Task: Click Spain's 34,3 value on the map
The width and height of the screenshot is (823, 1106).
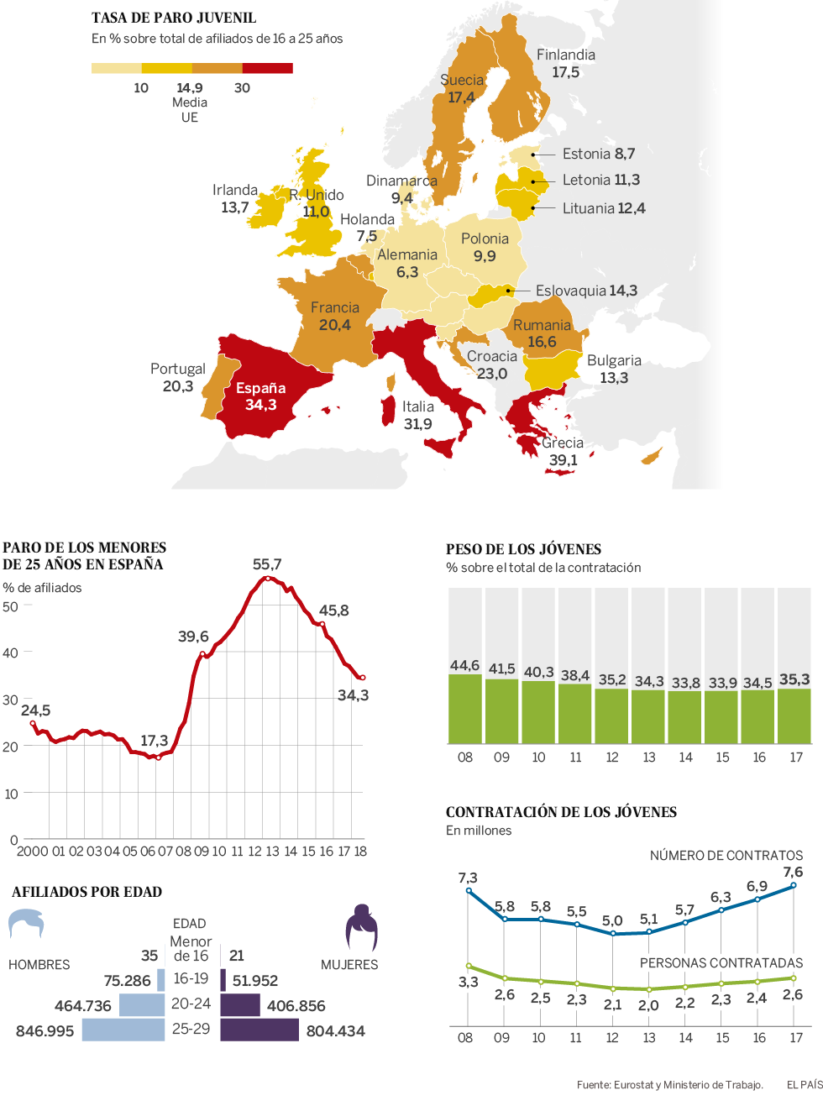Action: (260, 405)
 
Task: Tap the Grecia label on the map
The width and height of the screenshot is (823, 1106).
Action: (562, 443)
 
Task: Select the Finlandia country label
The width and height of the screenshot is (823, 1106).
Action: (565, 55)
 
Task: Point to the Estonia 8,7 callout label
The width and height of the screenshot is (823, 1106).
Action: (598, 154)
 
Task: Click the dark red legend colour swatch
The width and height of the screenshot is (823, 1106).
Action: (267, 68)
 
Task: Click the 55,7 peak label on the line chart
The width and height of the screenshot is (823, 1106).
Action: (267, 564)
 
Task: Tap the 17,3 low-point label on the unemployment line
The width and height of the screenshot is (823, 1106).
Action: (154, 740)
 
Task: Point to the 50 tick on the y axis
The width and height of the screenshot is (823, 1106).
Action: (10, 606)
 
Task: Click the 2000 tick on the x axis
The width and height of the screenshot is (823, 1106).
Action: (32, 852)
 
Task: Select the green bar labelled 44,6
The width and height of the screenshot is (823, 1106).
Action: (464, 709)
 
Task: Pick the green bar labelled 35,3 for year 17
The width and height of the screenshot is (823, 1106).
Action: (794, 715)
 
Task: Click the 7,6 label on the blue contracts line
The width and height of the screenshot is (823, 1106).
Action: (793, 872)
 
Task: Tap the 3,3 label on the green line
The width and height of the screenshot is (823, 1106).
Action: (468, 982)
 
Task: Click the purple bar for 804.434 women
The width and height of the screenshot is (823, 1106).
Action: (259, 1030)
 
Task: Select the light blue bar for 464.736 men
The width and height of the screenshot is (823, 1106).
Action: (142, 1004)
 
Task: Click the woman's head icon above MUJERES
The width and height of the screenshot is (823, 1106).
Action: (362, 927)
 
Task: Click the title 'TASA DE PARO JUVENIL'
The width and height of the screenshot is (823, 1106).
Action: (174, 18)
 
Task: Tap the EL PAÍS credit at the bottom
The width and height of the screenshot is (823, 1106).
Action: (804, 1085)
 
